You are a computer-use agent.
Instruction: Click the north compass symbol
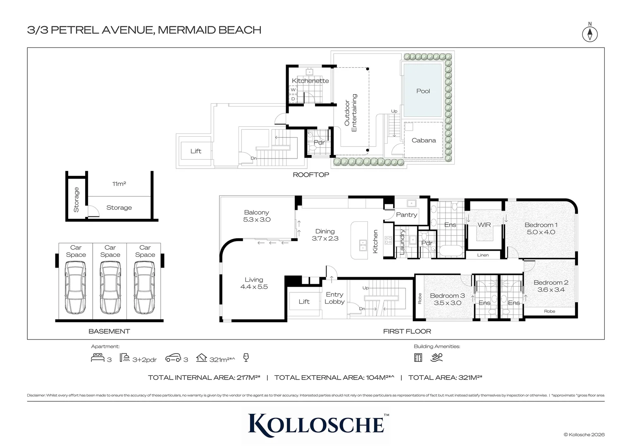[590, 34]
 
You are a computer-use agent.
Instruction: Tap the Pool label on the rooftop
[423, 91]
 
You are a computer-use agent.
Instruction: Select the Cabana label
[424, 140]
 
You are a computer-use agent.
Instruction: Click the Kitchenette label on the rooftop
[310, 81]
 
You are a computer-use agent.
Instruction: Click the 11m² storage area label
[119, 184]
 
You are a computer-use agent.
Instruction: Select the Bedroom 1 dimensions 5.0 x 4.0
[541, 232]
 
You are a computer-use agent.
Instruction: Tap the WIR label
[484, 225]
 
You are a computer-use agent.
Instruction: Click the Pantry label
[406, 215]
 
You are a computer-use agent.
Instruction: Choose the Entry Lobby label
[334, 298]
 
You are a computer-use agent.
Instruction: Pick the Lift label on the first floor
[304, 301]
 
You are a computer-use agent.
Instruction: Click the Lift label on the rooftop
[196, 151]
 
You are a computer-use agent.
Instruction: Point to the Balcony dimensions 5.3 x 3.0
[257, 220]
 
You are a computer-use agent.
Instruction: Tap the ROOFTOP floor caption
[311, 175]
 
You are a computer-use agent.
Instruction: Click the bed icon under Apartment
[98, 358]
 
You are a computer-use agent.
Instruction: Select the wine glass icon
[246, 358]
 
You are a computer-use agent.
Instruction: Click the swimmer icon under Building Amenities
[436, 358]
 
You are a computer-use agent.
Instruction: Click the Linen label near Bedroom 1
[483, 255]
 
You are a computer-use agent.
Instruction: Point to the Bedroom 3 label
[447, 296]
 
